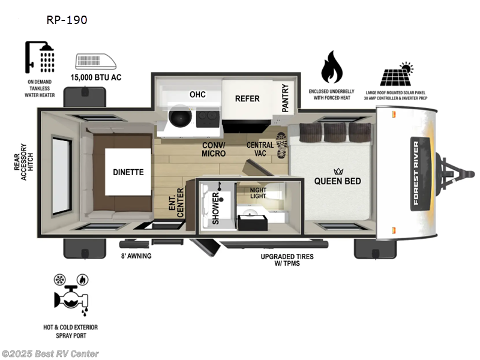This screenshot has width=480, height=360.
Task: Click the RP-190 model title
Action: tap(67, 20)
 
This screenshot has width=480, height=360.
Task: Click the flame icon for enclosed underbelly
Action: tap(332, 67)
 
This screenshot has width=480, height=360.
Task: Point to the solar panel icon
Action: tap(397, 75)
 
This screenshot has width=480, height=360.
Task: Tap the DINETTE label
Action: tap(128, 172)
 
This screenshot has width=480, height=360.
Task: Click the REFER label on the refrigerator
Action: tap(247, 98)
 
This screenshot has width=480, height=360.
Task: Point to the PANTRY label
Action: tap(285, 98)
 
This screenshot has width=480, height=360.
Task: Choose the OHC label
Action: tap(197, 94)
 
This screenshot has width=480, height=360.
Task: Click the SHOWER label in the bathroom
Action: tap(215, 204)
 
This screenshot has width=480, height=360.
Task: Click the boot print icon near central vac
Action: tap(282, 145)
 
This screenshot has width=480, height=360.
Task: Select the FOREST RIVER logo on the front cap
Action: tap(416, 173)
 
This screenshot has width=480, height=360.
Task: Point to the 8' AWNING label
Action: tap(136, 256)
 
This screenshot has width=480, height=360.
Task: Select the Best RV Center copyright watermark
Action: tap(50, 354)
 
